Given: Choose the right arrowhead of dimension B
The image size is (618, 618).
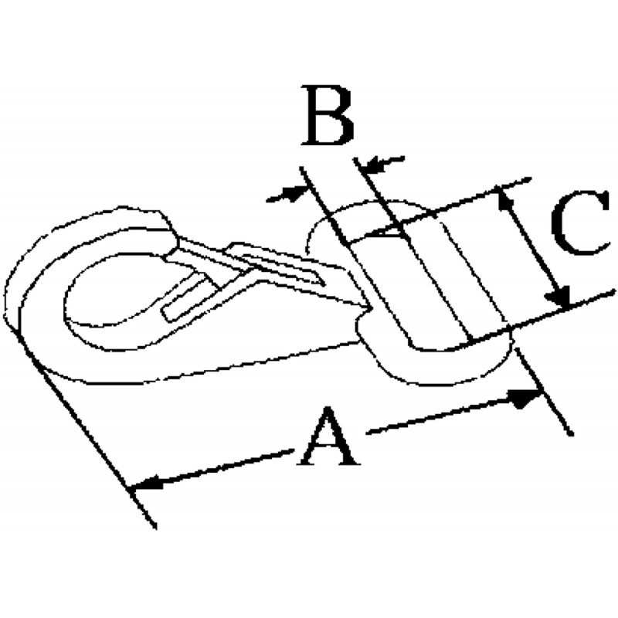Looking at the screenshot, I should pyautogui.click(x=374, y=165).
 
